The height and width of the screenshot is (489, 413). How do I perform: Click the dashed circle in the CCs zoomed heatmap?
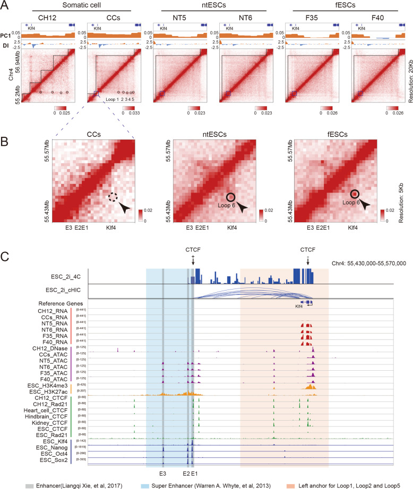(113, 197)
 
